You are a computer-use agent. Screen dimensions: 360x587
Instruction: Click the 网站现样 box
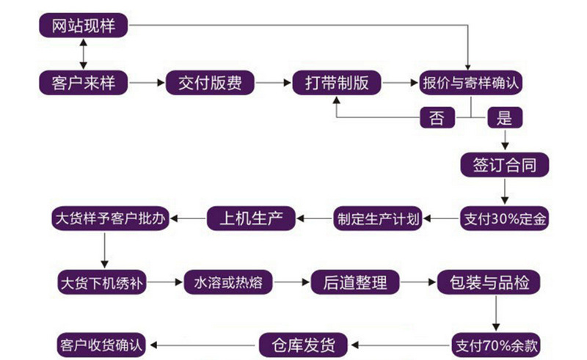point(84,26)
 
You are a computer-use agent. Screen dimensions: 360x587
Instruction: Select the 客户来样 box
point(84,83)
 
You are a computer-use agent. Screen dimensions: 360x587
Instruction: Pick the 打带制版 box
point(337,83)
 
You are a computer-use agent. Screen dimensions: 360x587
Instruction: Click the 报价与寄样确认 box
point(470,83)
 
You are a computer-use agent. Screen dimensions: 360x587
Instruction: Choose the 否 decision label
point(437,117)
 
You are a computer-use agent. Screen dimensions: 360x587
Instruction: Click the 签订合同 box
point(505,165)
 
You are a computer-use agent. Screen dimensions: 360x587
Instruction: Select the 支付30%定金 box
point(505,218)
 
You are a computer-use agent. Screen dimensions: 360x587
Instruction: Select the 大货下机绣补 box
point(108,281)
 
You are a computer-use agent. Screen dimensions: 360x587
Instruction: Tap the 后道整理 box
point(356,281)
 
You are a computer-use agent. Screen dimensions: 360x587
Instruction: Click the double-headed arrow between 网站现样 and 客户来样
point(84,54)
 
